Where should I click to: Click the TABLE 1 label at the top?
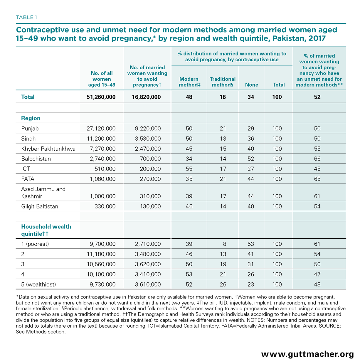pos(26,17)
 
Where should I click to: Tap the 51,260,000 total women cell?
pos(101,97)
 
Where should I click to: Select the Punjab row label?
pos(30,129)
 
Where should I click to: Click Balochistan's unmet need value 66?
pos(317,159)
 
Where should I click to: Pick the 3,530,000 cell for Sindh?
pos(148,139)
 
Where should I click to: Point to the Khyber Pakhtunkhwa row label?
pos(48,149)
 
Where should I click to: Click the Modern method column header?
pos(189,82)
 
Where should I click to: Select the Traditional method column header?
pos(222,82)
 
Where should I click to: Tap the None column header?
pos(251,85)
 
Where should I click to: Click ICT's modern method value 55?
pos(189,169)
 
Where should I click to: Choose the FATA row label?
pos(28,179)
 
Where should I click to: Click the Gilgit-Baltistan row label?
pos(40,206)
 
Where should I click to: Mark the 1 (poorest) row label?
pos(35,244)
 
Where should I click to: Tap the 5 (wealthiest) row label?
pos(38,284)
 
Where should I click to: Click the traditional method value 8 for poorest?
pos(224,244)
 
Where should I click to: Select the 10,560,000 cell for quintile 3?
pos(101,264)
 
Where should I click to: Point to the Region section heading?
pos(31,118)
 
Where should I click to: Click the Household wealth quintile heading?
pos(46,230)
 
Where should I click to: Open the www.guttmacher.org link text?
pos(307,354)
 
